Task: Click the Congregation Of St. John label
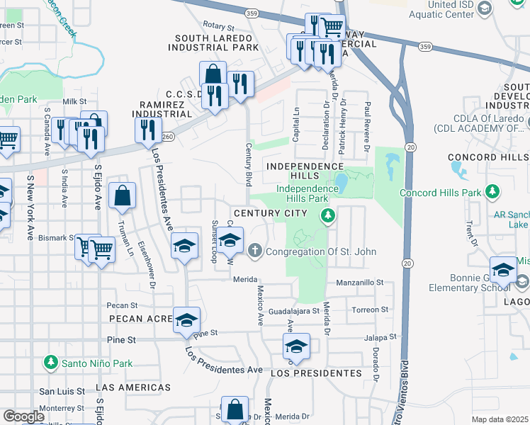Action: [x=321, y=251]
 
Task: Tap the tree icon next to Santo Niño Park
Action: [x=50, y=363]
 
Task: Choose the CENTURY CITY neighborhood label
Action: [x=271, y=213]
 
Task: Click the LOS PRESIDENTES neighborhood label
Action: [x=316, y=373]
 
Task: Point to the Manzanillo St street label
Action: [x=359, y=282]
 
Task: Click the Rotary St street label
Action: [x=218, y=24]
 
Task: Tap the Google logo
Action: [x=23, y=416]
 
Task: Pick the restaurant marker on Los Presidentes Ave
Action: [x=148, y=130]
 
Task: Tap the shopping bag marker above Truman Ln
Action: [x=123, y=196]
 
